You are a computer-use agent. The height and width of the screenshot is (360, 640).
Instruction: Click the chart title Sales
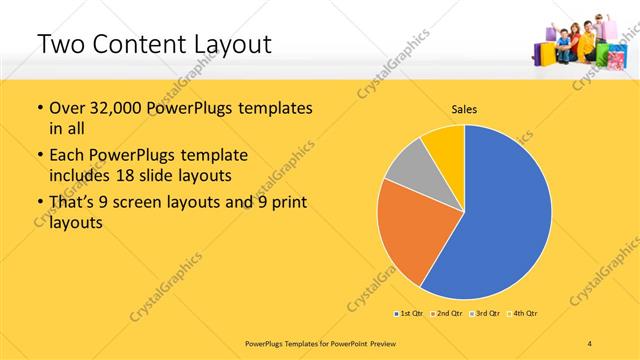464,108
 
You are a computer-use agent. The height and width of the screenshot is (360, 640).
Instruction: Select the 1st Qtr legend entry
410,313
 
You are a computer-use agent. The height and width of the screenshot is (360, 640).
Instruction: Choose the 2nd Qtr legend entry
445,313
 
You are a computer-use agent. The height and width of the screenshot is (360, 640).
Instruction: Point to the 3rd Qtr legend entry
485,313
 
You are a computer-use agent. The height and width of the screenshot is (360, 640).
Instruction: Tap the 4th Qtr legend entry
522,313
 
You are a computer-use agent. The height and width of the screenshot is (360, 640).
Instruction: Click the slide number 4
590,343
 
